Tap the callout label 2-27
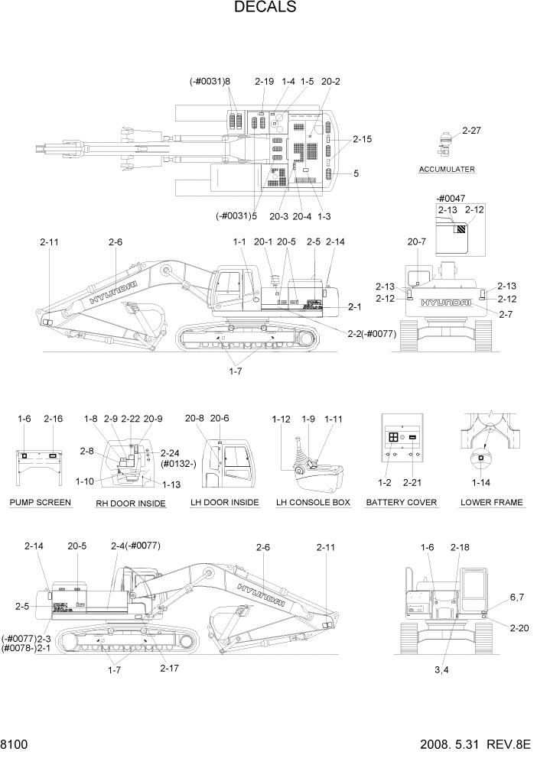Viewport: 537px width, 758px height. [x=472, y=131]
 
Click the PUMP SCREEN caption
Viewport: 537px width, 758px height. [x=41, y=502]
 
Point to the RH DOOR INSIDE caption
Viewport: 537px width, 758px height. [x=131, y=503]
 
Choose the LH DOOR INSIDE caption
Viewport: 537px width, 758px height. [x=224, y=502]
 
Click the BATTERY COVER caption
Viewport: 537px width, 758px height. [x=402, y=502]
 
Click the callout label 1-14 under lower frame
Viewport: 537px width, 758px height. [x=481, y=483]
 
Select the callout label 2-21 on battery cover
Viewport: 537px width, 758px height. [x=413, y=483]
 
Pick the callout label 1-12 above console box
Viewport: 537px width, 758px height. [x=282, y=419]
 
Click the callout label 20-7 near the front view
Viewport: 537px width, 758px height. [x=417, y=242]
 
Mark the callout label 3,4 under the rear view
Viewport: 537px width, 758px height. [x=442, y=669]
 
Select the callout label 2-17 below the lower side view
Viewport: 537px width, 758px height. [x=170, y=668]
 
